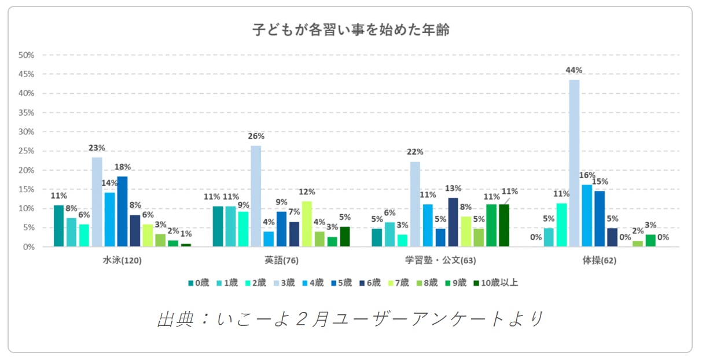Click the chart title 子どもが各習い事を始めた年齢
[351, 30]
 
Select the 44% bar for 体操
[574, 163]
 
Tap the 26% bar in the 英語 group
[256, 196]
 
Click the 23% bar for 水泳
[97, 202]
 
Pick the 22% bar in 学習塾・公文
[415, 204]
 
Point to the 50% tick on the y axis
[27, 55]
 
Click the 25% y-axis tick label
[27, 151]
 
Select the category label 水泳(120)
[122, 260]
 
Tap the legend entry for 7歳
[399, 283]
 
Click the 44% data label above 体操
[574, 70]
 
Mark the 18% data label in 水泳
[122, 167]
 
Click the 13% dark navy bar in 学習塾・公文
[453, 222]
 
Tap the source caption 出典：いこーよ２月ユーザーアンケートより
[351, 319]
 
